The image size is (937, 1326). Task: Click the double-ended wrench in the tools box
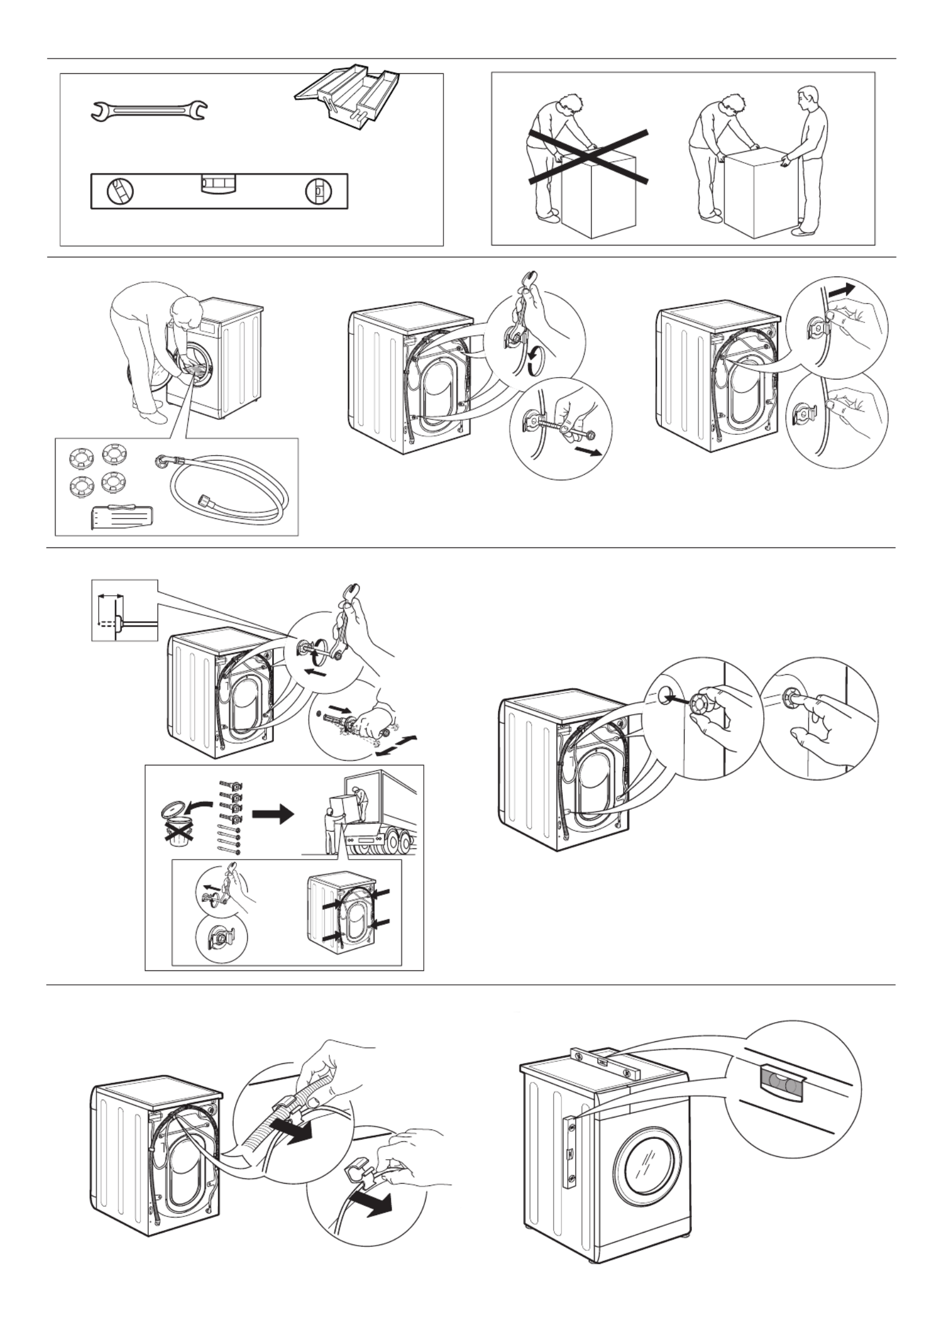pyautogui.click(x=149, y=110)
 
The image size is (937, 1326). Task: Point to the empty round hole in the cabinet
pyautogui.click(x=664, y=692)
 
